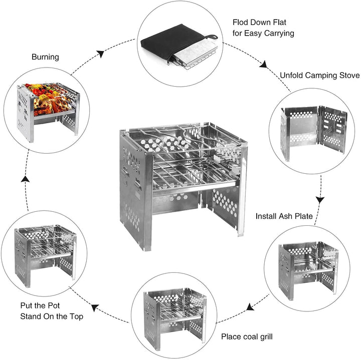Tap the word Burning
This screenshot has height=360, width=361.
coord(45,57)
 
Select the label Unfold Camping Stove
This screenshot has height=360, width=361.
coord(319,75)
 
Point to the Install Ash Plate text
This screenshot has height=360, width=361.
coord(284,216)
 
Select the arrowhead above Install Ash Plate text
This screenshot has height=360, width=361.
coord(319,200)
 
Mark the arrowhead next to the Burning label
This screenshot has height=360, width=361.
coord(101,53)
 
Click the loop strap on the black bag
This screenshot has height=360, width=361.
coord(214,37)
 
